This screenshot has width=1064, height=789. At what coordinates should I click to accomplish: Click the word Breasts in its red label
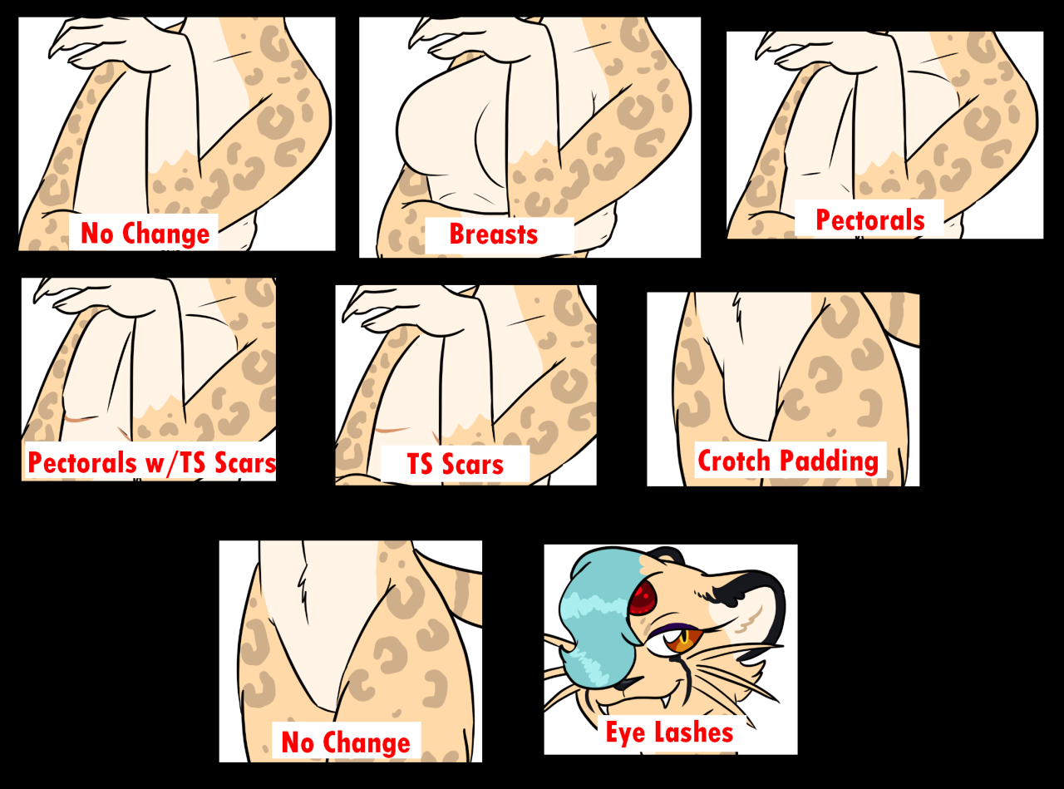click(494, 234)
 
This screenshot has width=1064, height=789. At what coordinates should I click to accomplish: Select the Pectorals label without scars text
click(870, 220)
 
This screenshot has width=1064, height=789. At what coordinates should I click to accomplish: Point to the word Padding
click(829, 461)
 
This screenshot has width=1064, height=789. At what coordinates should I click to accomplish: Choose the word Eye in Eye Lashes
click(625, 733)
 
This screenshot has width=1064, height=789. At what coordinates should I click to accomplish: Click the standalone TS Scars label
click(456, 464)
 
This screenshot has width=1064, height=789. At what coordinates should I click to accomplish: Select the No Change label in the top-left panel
click(145, 234)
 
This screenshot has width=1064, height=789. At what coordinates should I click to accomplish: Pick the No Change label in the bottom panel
click(346, 742)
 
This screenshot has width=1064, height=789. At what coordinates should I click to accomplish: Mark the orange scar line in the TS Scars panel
click(392, 430)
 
